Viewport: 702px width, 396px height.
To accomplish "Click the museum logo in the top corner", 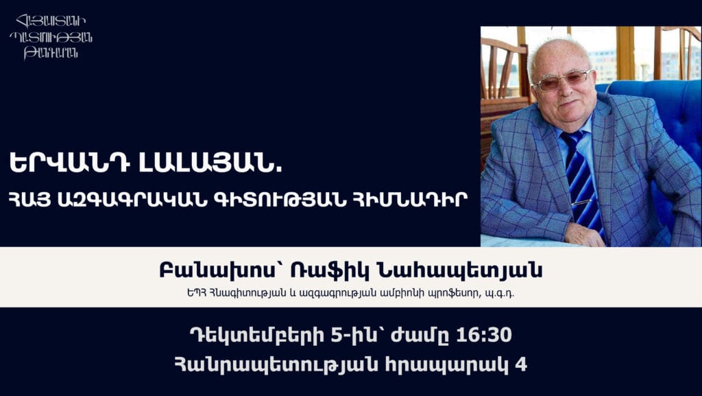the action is [51, 37].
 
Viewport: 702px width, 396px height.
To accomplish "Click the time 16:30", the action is [485, 335].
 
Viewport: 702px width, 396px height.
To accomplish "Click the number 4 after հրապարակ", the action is [521, 365].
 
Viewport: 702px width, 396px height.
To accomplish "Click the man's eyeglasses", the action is [564, 80].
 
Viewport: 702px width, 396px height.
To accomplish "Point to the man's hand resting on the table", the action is [585, 234].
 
